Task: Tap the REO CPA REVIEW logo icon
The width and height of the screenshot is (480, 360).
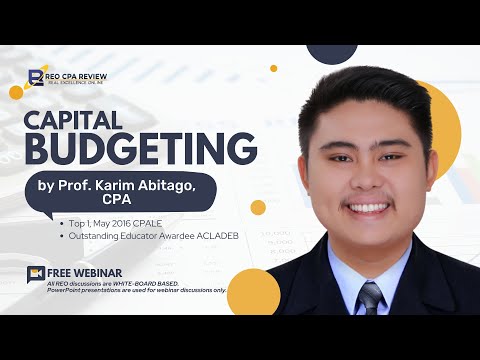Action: tap(37, 76)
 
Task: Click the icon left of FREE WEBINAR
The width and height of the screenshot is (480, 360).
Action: tap(37, 273)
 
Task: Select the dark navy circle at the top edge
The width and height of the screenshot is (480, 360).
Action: tap(332, 52)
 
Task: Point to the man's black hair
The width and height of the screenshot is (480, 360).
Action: tap(360, 95)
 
